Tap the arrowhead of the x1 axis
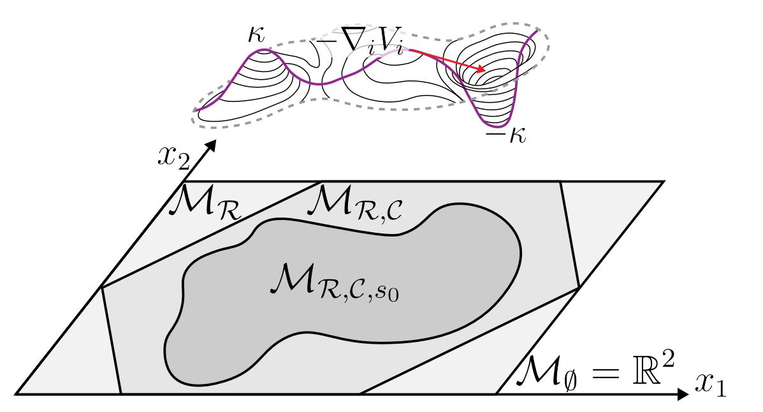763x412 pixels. (683, 394)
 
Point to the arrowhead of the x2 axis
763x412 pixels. (212, 145)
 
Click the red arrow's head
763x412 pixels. (484, 70)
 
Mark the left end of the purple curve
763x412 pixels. (197, 110)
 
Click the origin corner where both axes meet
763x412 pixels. (16, 394)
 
